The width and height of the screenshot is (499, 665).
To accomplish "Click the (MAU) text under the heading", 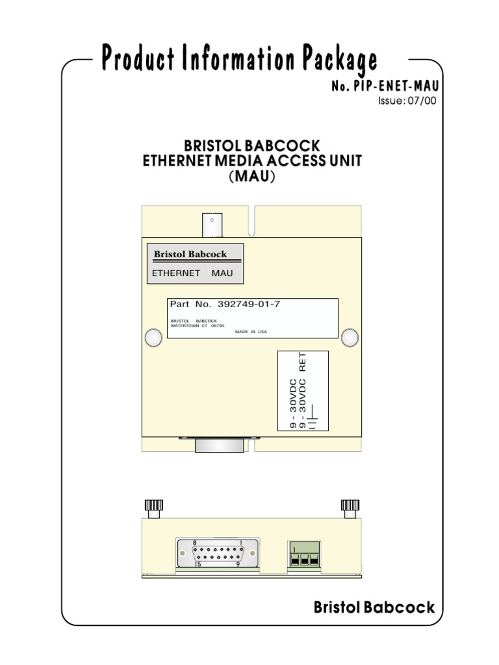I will pos(251,177).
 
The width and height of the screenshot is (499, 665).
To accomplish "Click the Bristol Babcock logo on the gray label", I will pos(190,254).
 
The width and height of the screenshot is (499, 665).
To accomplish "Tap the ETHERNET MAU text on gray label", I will pos(192,273).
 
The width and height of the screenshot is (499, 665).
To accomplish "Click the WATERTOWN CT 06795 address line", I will pos(197,325).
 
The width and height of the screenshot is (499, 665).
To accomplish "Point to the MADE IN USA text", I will pos(251,331).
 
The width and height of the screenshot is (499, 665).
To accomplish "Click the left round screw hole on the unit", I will pos(153,338).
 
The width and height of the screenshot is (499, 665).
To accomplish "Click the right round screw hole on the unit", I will pos(349,337).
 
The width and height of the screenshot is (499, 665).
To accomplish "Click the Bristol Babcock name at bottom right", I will pos(374,608).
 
